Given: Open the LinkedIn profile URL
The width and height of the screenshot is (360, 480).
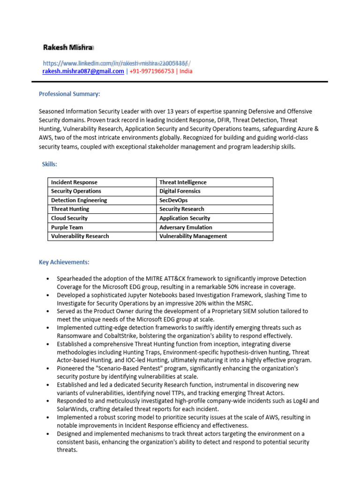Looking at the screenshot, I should click(115, 63).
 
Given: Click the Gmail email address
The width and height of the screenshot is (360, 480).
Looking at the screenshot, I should click(83, 71).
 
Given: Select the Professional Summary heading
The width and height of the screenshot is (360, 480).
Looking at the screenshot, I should click(69, 94).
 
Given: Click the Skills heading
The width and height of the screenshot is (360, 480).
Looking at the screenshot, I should click(50, 164).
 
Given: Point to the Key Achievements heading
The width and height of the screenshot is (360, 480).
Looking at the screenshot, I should click(64, 262).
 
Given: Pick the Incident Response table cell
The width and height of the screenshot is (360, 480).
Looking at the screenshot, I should click(75, 182).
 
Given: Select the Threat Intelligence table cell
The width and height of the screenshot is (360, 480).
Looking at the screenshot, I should click(183, 182).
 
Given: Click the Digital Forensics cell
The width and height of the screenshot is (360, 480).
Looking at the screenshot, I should click(180, 191).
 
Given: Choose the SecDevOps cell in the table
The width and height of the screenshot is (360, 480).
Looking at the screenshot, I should click(173, 200).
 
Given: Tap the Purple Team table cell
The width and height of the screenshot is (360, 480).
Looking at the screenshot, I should click(67, 227).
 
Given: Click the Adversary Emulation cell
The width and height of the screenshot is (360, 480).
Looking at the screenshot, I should click(186, 227).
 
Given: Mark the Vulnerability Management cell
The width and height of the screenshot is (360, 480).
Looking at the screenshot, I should click(193, 236).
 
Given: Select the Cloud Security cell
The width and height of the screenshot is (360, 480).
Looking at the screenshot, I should click(69, 218).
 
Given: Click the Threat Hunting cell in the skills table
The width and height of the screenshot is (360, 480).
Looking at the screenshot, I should click(70, 209).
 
